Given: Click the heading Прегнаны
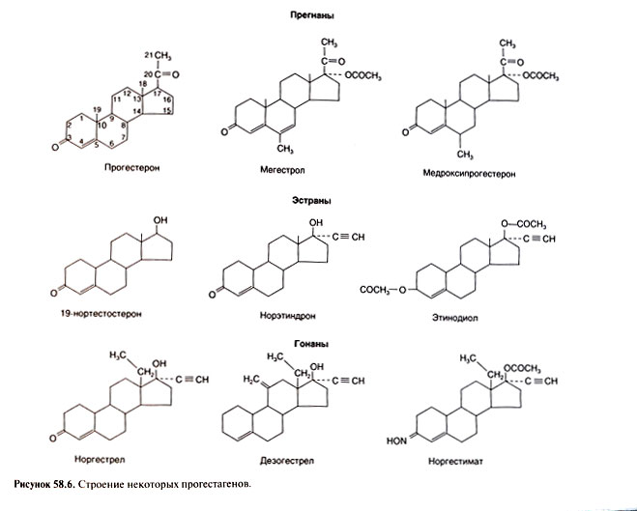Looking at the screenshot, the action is [312, 15].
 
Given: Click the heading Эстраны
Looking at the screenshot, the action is [311, 201].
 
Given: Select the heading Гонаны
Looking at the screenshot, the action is [311, 344].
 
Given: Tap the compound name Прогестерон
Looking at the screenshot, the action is [132, 168].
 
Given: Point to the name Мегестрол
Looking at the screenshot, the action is [282, 170].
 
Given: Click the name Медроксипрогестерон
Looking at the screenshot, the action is [469, 174].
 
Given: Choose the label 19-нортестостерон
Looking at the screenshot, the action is [101, 314].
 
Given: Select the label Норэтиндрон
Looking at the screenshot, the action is [288, 315].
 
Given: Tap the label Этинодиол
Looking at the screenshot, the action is [455, 318].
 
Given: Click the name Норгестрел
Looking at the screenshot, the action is [100, 460].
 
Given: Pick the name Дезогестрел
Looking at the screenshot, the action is [287, 461].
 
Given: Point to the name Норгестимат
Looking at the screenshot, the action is [455, 461].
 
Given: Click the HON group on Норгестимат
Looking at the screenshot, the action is [397, 440].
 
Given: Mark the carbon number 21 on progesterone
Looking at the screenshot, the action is [149, 55].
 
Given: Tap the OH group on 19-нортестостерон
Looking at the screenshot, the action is [160, 220].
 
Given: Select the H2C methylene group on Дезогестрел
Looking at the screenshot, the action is [251, 379].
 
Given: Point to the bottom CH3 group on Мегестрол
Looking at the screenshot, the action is [285, 149].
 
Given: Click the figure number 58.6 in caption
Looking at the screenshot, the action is [62, 484].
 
